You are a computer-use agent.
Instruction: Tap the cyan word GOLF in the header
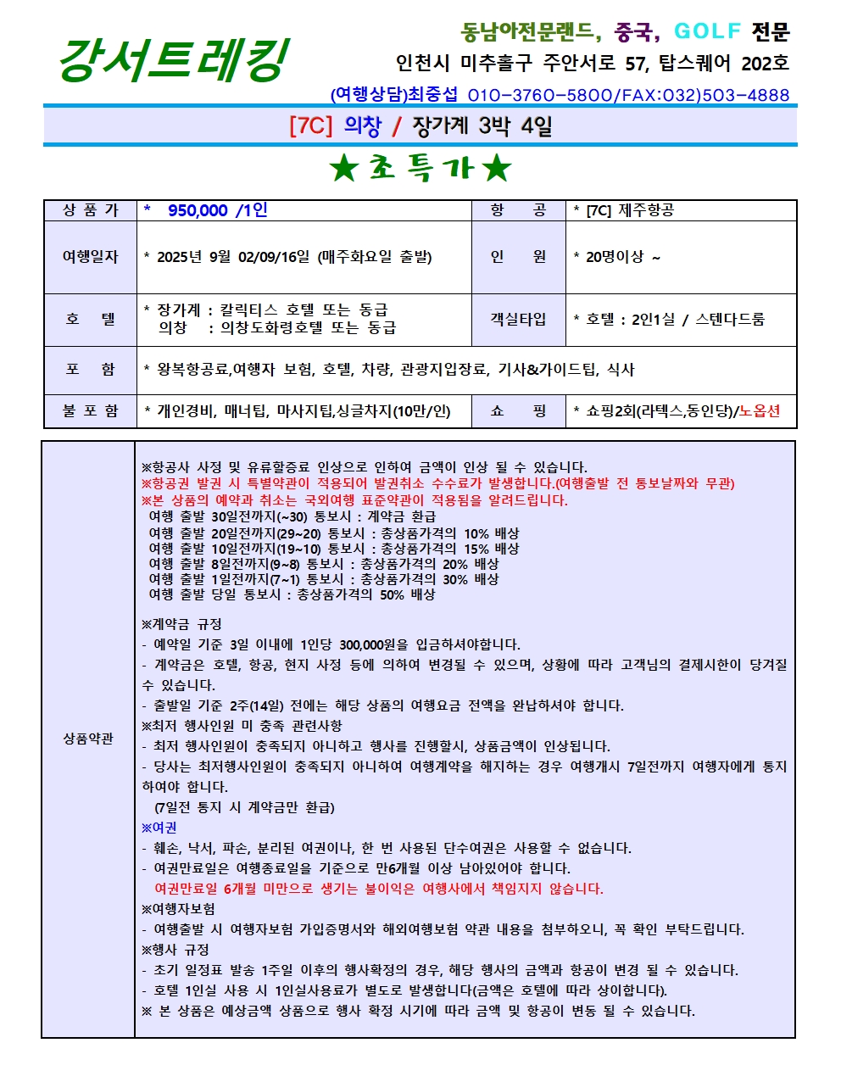[x=707, y=31]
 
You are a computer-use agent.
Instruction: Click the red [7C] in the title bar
[x=310, y=126]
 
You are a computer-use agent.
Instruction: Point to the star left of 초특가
[x=345, y=169]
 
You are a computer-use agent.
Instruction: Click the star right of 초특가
[x=497, y=169]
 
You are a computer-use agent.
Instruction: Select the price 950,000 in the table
[x=198, y=210]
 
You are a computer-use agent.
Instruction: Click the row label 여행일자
[x=90, y=257]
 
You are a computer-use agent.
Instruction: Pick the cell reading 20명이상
[x=615, y=257]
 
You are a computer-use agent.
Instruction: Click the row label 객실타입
[x=518, y=320]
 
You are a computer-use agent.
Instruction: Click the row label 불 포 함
[x=90, y=411]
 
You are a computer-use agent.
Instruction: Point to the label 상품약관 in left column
[x=88, y=739]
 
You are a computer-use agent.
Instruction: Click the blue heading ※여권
[x=159, y=828]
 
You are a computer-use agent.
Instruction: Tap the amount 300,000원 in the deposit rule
[x=373, y=644]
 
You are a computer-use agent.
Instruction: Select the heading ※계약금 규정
[x=181, y=624]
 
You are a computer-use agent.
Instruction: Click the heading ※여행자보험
[x=178, y=909]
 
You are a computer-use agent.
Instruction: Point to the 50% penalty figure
[x=392, y=594]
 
